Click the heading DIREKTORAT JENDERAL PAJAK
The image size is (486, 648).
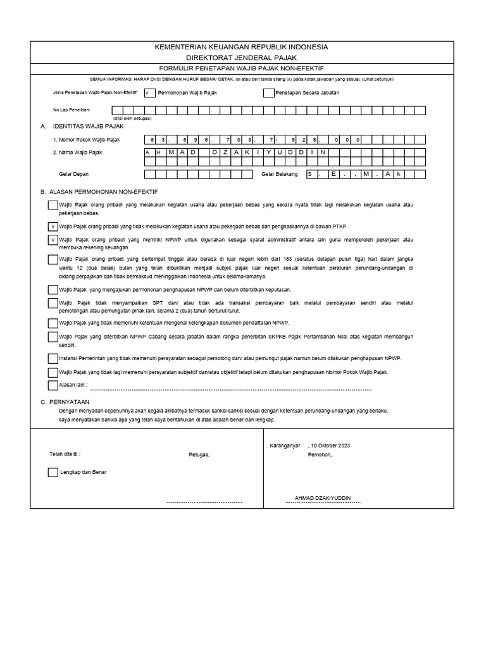242,57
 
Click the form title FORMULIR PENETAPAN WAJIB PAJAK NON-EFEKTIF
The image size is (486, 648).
242,68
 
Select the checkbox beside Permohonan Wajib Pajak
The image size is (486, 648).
149,92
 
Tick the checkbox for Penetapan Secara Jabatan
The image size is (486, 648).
268,92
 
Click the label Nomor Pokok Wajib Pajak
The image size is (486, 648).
86,139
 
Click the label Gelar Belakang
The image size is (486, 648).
279,173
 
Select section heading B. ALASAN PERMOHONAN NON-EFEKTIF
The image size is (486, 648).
99,191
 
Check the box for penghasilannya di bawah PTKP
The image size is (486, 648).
53,226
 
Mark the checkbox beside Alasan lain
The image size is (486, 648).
53,385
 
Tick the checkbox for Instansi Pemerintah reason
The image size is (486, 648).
53,358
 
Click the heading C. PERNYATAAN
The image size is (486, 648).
65,402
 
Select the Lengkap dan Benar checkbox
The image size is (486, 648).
53,472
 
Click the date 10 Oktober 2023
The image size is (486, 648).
330,445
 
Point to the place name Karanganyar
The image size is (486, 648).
285,445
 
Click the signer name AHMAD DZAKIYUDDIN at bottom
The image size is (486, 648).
323,498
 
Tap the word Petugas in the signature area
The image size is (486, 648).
199,454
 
